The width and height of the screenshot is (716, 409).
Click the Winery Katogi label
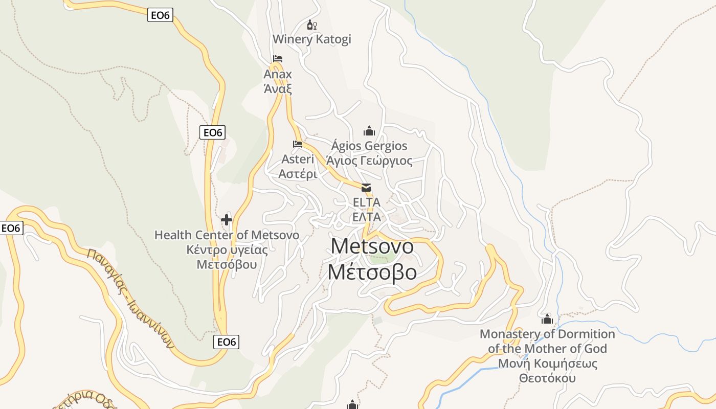pos(311,39)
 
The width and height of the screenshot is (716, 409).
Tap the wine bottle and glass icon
pos(311,25)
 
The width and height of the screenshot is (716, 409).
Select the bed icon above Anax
pos(278,59)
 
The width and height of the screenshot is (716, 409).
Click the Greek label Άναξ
pos(278,88)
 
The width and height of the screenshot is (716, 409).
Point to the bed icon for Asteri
pos(298,144)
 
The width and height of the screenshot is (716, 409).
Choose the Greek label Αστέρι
pos(298,174)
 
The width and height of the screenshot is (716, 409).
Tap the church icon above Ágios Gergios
pos(369,131)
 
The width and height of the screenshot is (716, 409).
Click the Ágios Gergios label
pos(369,146)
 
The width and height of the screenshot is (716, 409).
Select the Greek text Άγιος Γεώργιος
pos(369,161)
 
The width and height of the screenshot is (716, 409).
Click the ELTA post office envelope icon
pos(366,188)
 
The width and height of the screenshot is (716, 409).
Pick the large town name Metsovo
pos(372,246)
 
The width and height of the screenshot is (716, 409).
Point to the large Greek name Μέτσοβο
pos(372,272)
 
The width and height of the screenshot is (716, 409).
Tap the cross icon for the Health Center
pos(227,220)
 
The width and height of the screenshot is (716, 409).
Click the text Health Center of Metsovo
pos(227,235)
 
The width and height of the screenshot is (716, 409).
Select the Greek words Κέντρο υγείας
pos(227,250)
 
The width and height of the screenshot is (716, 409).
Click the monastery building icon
pos(547,320)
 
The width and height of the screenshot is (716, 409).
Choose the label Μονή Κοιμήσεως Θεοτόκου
pos(547,371)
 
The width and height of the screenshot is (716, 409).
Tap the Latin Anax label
pos(278,74)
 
